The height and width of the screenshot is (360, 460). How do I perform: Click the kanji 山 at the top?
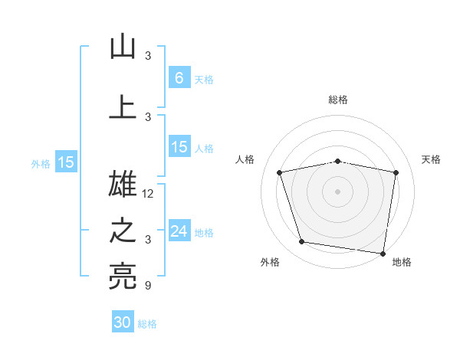123,47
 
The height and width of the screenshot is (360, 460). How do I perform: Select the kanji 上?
123,106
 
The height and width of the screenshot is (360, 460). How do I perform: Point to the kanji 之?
123,231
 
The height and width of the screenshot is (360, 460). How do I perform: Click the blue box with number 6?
179,78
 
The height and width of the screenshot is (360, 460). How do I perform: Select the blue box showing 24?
179,231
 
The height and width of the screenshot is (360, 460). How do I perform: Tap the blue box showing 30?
123,322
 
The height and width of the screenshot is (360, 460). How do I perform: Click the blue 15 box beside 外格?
66,162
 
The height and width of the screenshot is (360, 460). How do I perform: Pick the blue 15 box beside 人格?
179,147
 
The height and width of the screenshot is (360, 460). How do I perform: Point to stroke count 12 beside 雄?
149,194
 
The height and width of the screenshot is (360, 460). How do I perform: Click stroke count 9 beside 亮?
147,286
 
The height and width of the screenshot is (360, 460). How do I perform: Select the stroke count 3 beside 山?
148,56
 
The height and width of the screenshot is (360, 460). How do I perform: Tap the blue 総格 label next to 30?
147,324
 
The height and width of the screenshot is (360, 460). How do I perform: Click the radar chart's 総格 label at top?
338,100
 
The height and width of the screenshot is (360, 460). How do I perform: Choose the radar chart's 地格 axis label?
402,262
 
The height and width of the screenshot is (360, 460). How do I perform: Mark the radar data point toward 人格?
280,172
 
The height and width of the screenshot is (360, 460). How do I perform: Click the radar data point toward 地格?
383,253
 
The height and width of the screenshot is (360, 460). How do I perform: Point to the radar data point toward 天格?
396,172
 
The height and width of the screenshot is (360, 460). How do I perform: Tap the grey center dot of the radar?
338,191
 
